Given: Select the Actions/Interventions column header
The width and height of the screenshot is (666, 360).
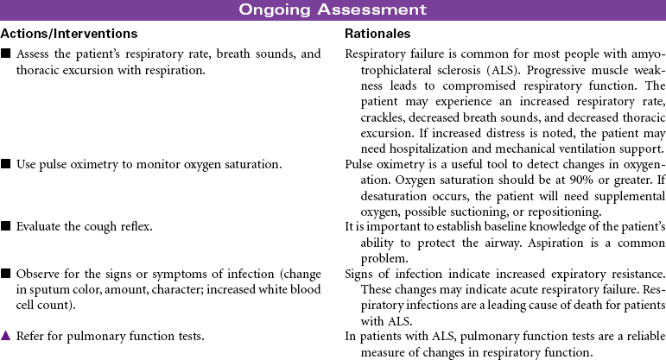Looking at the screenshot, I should tap(69, 34).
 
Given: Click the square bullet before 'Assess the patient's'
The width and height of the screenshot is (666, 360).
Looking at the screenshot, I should tap(6, 54).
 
